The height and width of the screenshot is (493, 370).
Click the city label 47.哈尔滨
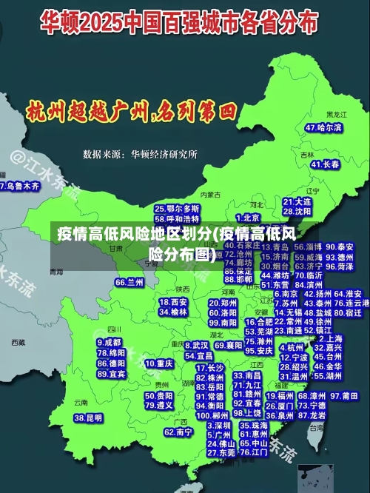tap(323, 127)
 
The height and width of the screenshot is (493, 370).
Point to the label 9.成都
tap(109, 343)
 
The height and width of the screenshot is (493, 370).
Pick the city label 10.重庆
tap(158, 363)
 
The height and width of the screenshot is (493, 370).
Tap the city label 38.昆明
tap(88, 418)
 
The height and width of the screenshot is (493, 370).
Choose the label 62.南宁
tap(178, 432)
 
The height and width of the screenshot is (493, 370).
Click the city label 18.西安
tap(174, 302)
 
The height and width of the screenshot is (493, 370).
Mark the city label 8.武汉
tap(196, 345)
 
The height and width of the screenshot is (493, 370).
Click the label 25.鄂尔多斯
tap(177, 209)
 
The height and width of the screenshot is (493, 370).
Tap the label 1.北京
tap(247, 218)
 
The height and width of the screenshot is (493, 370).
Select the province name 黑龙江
tap(337, 115)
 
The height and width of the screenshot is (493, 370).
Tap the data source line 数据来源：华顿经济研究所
tap(140, 154)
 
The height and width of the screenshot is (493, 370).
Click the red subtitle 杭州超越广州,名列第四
tap(131, 113)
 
